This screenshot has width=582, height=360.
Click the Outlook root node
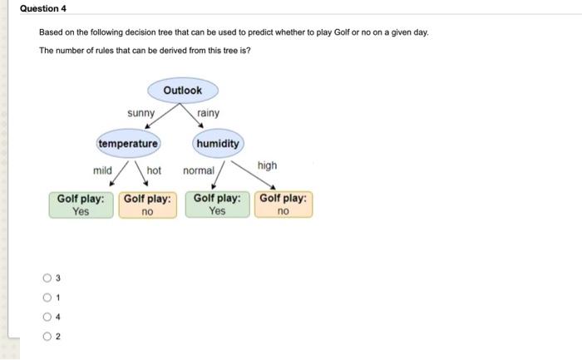(x=183, y=90)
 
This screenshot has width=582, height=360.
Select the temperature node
(x=128, y=144)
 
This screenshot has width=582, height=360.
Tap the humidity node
(x=218, y=144)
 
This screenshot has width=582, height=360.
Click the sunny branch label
(x=141, y=113)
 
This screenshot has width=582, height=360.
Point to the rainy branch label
(x=208, y=113)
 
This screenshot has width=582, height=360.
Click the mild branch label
(x=102, y=170)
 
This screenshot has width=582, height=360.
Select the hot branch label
(x=154, y=170)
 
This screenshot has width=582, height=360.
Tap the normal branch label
(x=199, y=170)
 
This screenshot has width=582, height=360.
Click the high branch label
(x=267, y=165)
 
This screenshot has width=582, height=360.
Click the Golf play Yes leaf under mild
(x=81, y=205)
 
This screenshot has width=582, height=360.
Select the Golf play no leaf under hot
(x=147, y=205)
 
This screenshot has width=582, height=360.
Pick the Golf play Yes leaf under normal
(x=217, y=205)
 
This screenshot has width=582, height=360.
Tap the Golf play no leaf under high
(x=284, y=205)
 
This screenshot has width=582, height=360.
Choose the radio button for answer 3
(x=47, y=278)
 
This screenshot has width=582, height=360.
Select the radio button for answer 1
(x=47, y=298)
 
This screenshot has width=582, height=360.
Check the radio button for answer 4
(x=47, y=317)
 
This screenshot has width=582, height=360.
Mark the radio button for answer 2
(x=47, y=336)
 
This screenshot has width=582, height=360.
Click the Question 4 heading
(x=43, y=8)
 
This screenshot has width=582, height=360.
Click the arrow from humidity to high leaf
(x=253, y=175)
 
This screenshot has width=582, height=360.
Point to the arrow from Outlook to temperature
(x=162, y=116)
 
